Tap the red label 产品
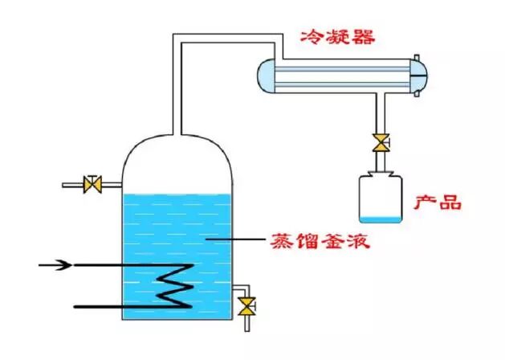[x=438, y=202]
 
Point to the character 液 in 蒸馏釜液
[x=359, y=240]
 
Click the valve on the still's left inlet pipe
[x=93, y=184]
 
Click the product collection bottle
[x=378, y=197]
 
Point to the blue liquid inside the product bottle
[x=378, y=219]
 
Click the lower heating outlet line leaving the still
[x=96, y=305]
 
